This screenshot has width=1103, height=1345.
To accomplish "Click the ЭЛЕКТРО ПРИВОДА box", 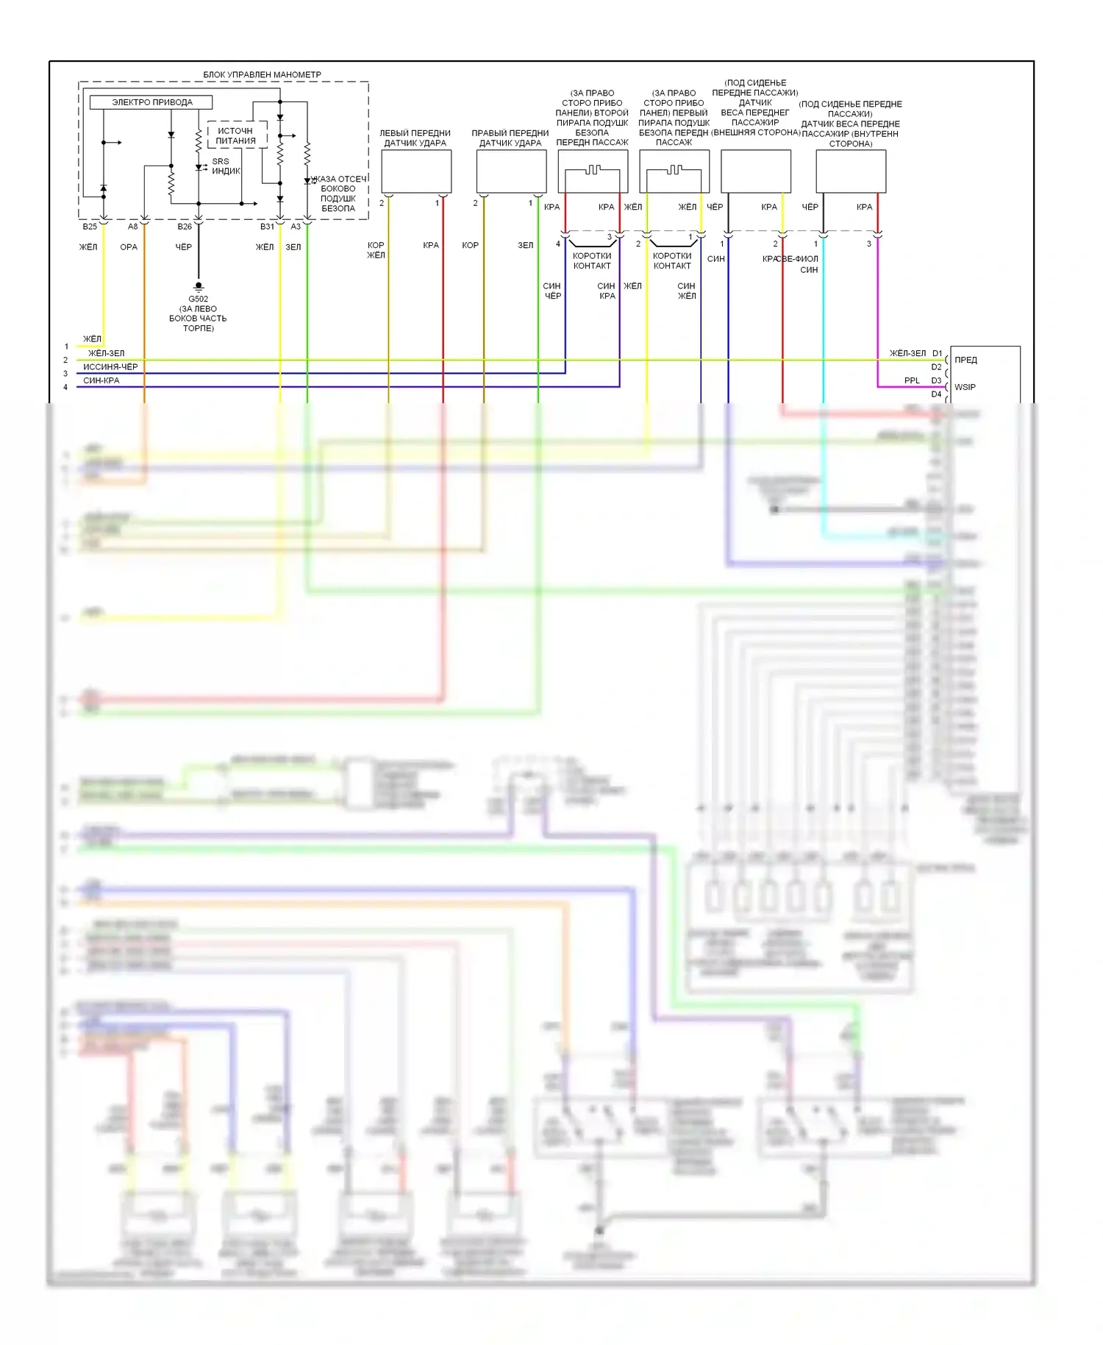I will (151, 102).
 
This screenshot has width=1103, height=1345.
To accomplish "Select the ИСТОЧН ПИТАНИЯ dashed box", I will (236, 135).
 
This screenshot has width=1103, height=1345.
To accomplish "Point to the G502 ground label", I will (198, 299).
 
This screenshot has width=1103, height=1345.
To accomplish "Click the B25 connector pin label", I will (90, 227).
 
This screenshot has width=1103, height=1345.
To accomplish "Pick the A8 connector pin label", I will (132, 227).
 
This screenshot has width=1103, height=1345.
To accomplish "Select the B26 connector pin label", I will (185, 227).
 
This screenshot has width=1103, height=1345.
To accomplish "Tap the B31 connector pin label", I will (266, 227).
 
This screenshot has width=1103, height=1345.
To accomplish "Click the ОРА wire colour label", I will (129, 247).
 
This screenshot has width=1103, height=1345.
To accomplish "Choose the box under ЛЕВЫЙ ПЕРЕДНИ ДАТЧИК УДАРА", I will (416, 171).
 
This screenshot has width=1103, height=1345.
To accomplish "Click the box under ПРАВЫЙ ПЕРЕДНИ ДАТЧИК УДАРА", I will (511, 171).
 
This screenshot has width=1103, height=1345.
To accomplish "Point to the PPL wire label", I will (912, 380).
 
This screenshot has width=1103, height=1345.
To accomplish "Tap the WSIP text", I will (965, 387).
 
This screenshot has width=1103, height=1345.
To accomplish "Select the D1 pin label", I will (937, 353).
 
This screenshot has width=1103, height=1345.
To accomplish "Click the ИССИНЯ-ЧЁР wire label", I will (110, 366).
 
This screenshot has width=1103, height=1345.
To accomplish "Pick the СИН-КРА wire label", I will (101, 380).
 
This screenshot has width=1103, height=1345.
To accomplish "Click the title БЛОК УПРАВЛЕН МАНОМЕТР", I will (262, 74).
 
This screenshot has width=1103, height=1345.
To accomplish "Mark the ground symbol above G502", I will (198, 286).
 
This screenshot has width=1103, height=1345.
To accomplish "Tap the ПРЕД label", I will (965, 360).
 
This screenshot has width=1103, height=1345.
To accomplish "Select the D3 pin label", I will (936, 380).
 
